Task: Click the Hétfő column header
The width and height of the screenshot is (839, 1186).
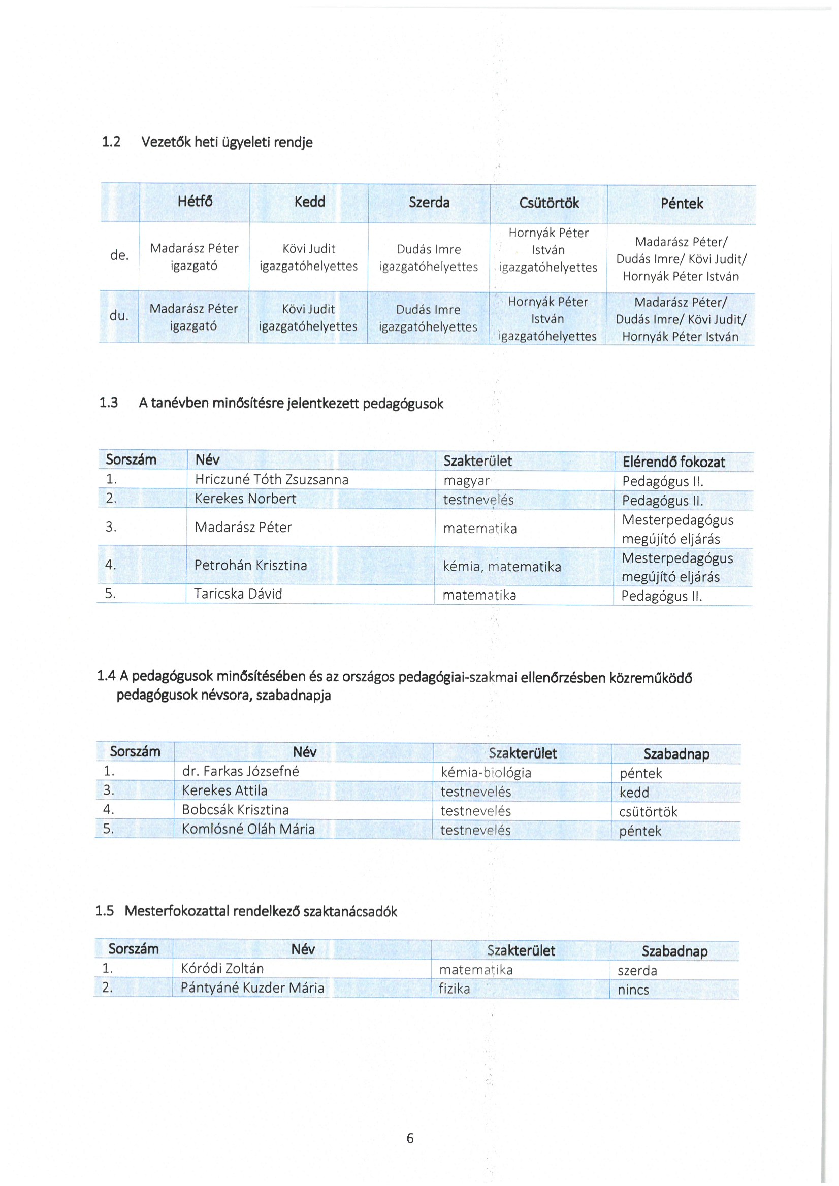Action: pyautogui.click(x=195, y=202)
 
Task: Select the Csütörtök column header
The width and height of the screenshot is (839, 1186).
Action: pyautogui.click(x=548, y=203)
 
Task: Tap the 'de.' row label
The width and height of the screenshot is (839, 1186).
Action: pyautogui.click(x=119, y=255)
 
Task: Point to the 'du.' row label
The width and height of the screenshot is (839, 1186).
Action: pyautogui.click(x=119, y=315)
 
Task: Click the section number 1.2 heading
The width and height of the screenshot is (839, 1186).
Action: pyautogui.click(x=111, y=142)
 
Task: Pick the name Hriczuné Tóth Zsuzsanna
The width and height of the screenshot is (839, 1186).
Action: pyautogui.click(x=271, y=479)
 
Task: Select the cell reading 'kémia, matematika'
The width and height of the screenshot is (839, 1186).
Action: pyautogui.click(x=502, y=567)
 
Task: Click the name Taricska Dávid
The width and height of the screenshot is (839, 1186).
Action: pyautogui.click(x=238, y=594)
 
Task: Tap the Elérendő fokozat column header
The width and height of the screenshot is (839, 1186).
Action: pyautogui.click(x=673, y=462)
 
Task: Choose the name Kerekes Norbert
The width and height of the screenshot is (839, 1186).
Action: pyautogui.click(x=245, y=499)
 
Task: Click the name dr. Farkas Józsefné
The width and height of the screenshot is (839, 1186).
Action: pyautogui.click(x=240, y=771)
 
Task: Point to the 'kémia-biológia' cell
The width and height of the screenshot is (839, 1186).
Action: pyautogui.click(x=486, y=772)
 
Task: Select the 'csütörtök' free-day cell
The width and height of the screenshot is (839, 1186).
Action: pyautogui.click(x=648, y=811)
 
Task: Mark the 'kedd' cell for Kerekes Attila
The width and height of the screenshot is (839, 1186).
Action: pyautogui.click(x=634, y=793)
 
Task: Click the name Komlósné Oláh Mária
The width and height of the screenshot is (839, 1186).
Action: pyautogui.click(x=248, y=829)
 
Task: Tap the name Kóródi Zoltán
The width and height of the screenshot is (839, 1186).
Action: pyautogui.click(x=222, y=968)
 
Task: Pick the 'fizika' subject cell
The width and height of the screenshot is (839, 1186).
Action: pyautogui.click(x=454, y=988)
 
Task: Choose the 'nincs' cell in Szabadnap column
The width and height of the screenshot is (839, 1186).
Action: pyautogui.click(x=633, y=990)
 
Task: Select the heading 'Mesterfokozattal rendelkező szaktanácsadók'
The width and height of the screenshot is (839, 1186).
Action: pyautogui.click(x=261, y=911)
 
